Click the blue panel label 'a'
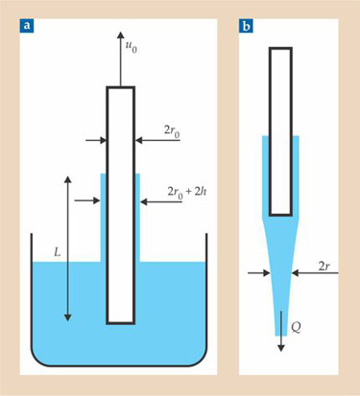(x=27, y=26)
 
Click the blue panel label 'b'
(x=246, y=26)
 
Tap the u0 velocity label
(x=131, y=47)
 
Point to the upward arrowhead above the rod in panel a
(x=120, y=35)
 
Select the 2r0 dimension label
(x=172, y=132)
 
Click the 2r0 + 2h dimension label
(x=187, y=193)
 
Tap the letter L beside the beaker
(x=57, y=253)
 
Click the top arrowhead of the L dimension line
(x=67, y=179)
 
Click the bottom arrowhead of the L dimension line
(x=67, y=317)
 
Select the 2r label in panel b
(x=324, y=267)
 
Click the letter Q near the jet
(x=296, y=328)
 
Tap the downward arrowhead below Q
(x=281, y=348)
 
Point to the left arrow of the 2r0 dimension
(x=96, y=140)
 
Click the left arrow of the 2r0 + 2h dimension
(x=87, y=200)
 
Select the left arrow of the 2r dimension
(x=259, y=272)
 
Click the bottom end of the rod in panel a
(x=120, y=323)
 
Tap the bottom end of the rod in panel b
(x=280, y=215)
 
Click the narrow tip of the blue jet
(x=281, y=335)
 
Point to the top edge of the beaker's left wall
(x=32, y=234)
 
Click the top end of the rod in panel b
(x=280, y=48)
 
